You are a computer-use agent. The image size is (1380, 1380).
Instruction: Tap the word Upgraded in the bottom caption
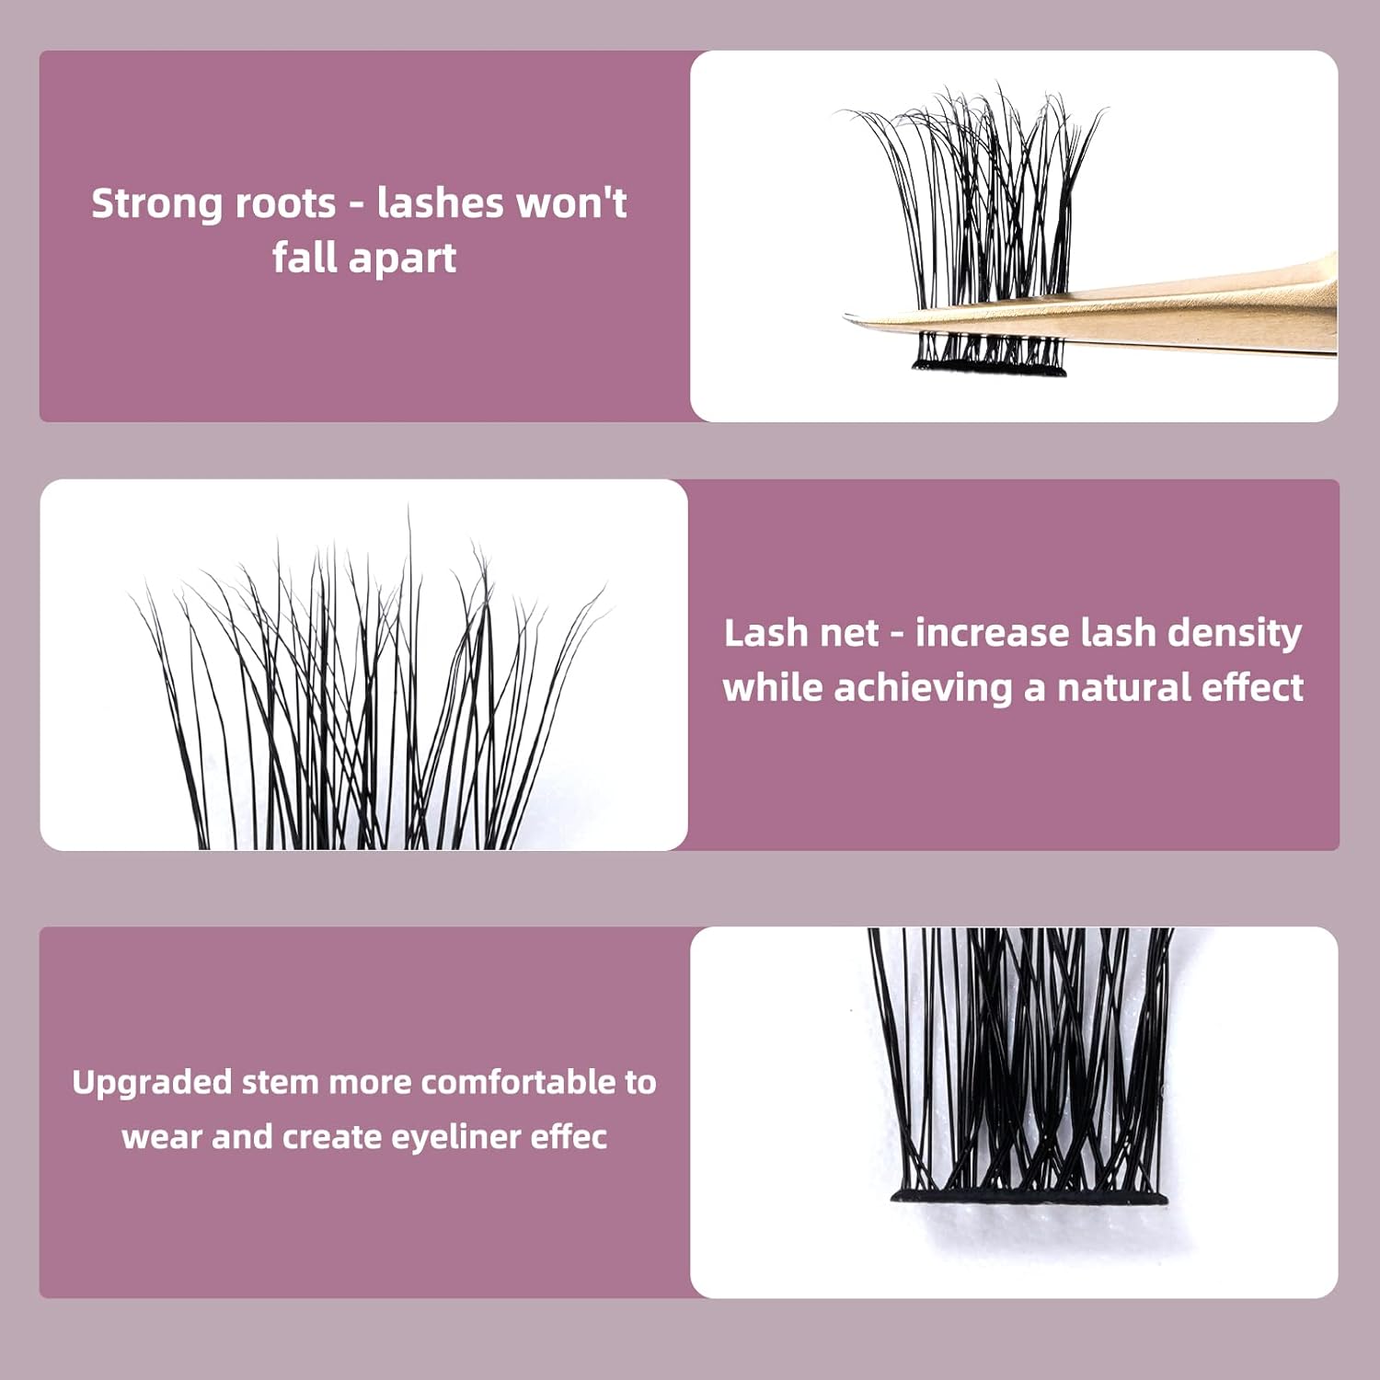click(152, 1083)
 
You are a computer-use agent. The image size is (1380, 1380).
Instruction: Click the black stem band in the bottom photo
click(1029, 1197)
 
